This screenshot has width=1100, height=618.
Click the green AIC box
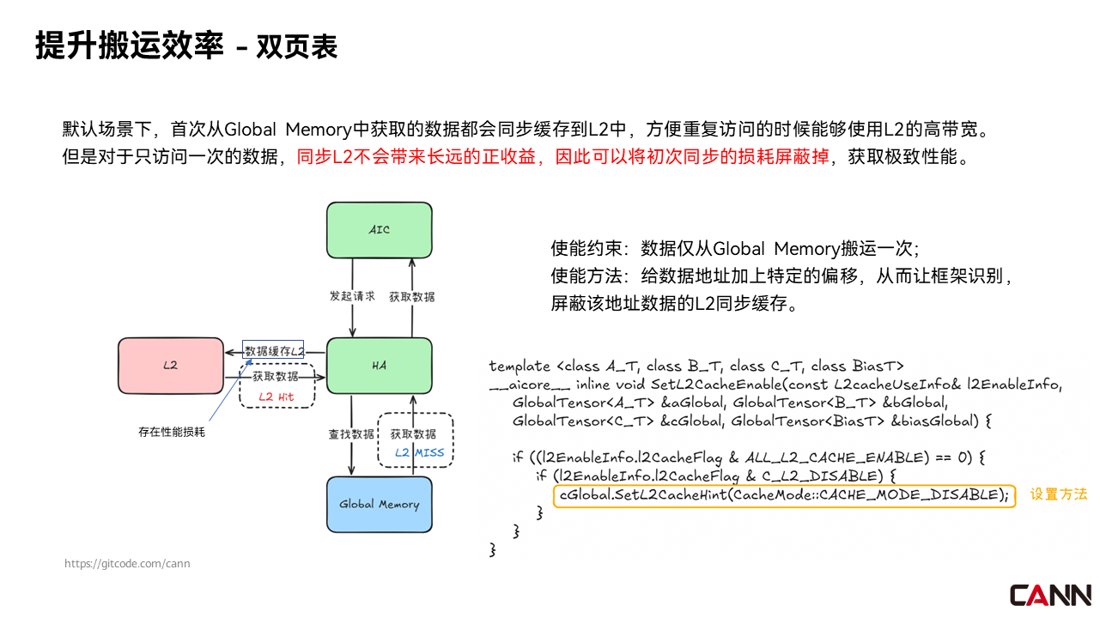click(379, 229)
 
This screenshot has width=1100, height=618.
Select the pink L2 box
click(170, 365)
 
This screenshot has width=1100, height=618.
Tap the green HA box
click(379, 365)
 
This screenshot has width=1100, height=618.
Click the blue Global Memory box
click(379, 504)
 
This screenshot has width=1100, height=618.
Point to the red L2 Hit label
click(276, 397)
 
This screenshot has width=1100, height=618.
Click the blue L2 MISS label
click(419, 452)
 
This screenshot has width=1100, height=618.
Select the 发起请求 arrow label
click(352, 296)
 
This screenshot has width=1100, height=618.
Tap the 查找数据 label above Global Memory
click(351, 433)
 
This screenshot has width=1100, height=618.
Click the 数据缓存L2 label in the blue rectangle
click(274, 351)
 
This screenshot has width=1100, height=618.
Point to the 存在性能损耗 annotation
click(172, 432)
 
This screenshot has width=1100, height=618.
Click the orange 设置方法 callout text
click(1059, 494)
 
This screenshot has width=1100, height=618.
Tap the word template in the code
click(517, 366)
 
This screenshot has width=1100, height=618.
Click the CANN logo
click(1050, 595)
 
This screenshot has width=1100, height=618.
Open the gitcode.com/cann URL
click(127, 564)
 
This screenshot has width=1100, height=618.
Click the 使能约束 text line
click(735, 249)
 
